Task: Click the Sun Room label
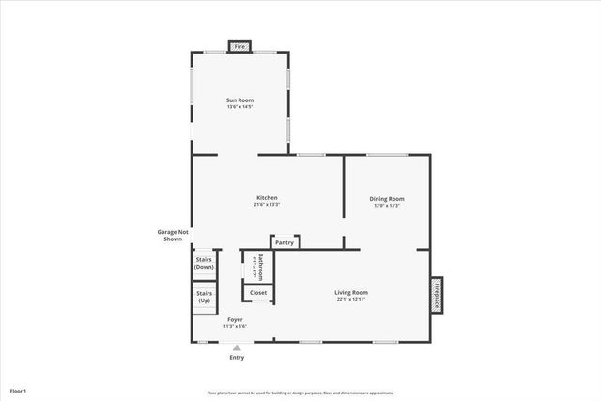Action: click(239, 100)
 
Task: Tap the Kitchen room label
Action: click(267, 197)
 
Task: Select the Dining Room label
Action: click(386, 198)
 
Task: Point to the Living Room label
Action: click(351, 292)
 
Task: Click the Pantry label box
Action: click(285, 242)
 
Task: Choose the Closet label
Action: click(258, 293)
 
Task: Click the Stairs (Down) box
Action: click(204, 263)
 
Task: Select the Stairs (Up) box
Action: click(204, 297)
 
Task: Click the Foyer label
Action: click(235, 319)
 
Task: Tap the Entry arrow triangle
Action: click(237, 347)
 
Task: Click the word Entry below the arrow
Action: click(237, 358)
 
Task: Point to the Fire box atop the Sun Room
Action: click(239, 46)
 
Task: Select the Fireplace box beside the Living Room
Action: click(437, 291)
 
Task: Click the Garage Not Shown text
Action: click(173, 236)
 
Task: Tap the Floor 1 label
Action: click(19, 389)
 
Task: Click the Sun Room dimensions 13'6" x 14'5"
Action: click(239, 107)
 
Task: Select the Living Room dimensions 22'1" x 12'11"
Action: click(351, 300)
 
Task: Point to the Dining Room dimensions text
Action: click(386, 205)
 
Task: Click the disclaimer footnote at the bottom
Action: click(300, 393)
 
